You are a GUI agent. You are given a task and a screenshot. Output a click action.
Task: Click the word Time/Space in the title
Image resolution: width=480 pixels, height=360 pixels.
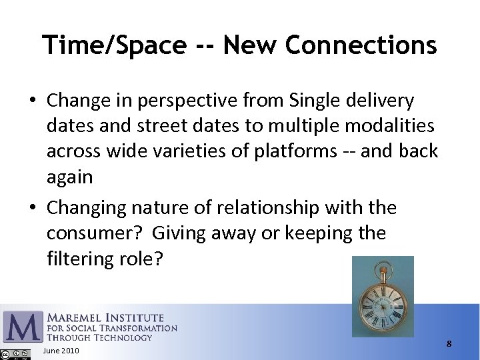pos(114,45)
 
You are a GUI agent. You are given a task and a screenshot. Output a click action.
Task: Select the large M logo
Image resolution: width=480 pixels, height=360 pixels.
pos(23,327)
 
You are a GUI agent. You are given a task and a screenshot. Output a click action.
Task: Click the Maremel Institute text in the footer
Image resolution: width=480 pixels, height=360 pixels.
pos(105,318)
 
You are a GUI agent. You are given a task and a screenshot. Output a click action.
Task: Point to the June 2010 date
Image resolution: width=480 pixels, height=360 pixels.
pos(60,351)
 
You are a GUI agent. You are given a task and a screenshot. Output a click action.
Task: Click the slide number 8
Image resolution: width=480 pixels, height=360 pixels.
pos(449,344)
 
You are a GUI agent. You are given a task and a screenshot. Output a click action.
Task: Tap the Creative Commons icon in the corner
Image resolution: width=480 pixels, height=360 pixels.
pos(6,354)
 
